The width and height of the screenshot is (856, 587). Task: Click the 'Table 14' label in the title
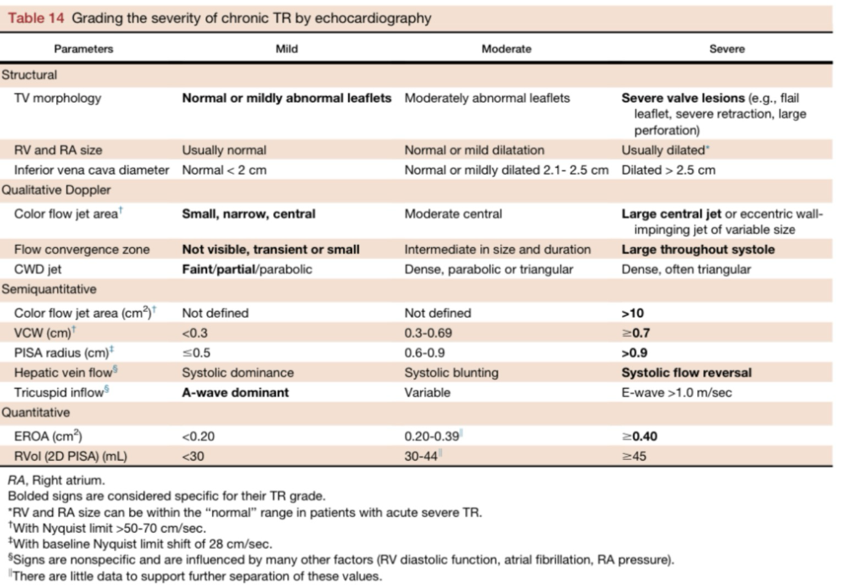(36, 18)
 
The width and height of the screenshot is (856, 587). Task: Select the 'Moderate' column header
(506, 49)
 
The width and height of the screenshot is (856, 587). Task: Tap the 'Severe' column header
(726, 49)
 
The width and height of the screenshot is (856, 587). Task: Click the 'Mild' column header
(287, 49)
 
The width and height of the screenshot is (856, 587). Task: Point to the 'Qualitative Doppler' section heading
(56, 190)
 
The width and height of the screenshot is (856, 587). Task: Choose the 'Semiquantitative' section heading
(49, 289)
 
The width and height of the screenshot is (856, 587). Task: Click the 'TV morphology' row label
(58, 98)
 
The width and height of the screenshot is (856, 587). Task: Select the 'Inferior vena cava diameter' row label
(91, 170)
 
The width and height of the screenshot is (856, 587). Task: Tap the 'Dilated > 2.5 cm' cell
(668, 170)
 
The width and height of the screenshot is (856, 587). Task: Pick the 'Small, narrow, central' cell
(249, 214)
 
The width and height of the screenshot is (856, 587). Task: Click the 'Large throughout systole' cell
(698, 250)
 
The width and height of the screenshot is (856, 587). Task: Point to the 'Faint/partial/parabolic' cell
(247, 269)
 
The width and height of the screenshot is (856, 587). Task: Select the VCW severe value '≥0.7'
(635, 333)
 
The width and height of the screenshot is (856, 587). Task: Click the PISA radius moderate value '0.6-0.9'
(424, 353)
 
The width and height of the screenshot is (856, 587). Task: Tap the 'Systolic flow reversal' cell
(686, 373)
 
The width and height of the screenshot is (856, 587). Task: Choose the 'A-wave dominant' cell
(235, 392)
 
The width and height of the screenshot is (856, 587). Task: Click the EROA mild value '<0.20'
(198, 436)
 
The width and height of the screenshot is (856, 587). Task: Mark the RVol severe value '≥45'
(634, 456)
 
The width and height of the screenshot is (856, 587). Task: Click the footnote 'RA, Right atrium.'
(56, 480)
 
